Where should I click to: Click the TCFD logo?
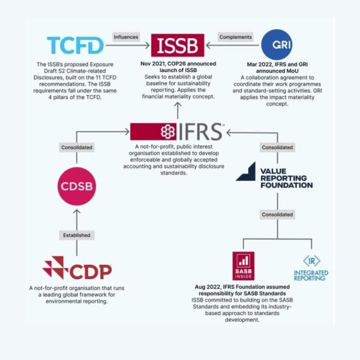pos(75,45)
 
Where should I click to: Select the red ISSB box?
pos(178,45)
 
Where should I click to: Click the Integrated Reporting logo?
pos(311,269)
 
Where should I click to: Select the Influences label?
pos(126,37)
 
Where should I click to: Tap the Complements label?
pos(236,37)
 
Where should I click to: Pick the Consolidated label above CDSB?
pos(76,147)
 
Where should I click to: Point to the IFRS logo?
pos(177,131)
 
